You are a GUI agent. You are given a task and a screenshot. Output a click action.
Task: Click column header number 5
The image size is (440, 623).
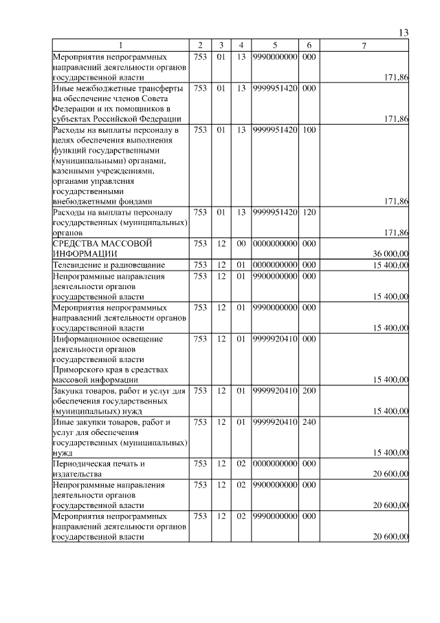tap(274, 46)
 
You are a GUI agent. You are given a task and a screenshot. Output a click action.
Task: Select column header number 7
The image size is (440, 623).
tap(364, 46)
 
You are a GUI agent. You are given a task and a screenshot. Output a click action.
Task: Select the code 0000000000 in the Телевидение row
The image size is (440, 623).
tap(274, 265)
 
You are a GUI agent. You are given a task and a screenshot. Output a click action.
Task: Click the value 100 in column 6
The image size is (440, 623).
tap(309, 129)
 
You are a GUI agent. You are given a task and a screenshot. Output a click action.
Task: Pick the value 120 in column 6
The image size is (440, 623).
tap(309, 213)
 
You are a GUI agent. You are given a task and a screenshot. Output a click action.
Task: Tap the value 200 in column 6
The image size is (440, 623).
tap(309, 391)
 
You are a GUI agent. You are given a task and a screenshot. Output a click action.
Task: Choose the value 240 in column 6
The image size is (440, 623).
tap(309, 422)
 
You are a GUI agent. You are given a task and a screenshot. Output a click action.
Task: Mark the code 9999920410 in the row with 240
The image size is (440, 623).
tap(274, 422)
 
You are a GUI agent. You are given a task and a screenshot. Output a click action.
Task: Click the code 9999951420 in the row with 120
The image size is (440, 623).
tap(274, 213)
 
